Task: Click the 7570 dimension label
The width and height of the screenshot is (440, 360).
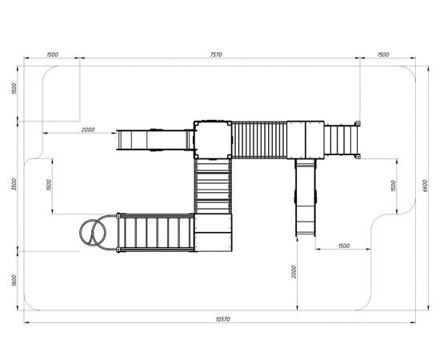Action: pos(216,54)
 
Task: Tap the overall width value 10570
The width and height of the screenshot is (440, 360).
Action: pos(223,319)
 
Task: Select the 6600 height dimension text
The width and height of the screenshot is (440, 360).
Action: pos(425,186)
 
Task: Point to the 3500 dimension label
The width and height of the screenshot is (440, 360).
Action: pos(14,184)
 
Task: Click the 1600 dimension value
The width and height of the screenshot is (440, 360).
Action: pos(14,281)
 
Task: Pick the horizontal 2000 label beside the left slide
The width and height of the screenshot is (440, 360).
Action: pos(88,130)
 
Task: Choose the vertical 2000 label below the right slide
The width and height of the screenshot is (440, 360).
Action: pos(294,272)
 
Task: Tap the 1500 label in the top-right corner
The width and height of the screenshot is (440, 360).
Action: pos(383,54)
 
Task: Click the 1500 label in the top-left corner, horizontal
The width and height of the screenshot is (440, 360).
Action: pos(52,54)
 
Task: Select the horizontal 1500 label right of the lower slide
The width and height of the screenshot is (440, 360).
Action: pos(344,246)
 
